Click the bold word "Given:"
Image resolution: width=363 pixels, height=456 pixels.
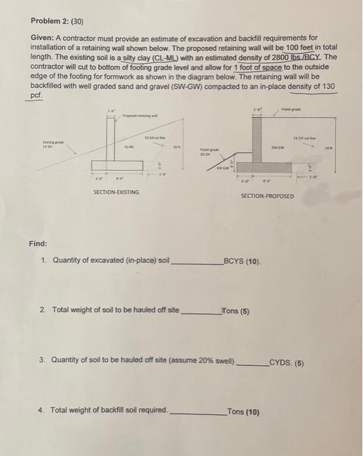(44, 38)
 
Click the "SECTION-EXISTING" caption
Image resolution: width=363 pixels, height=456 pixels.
(115, 192)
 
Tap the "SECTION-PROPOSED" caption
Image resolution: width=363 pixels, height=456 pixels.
(267, 195)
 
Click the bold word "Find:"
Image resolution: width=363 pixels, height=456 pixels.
(37, 244)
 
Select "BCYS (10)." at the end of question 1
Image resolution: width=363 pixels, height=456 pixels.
(242, 261)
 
